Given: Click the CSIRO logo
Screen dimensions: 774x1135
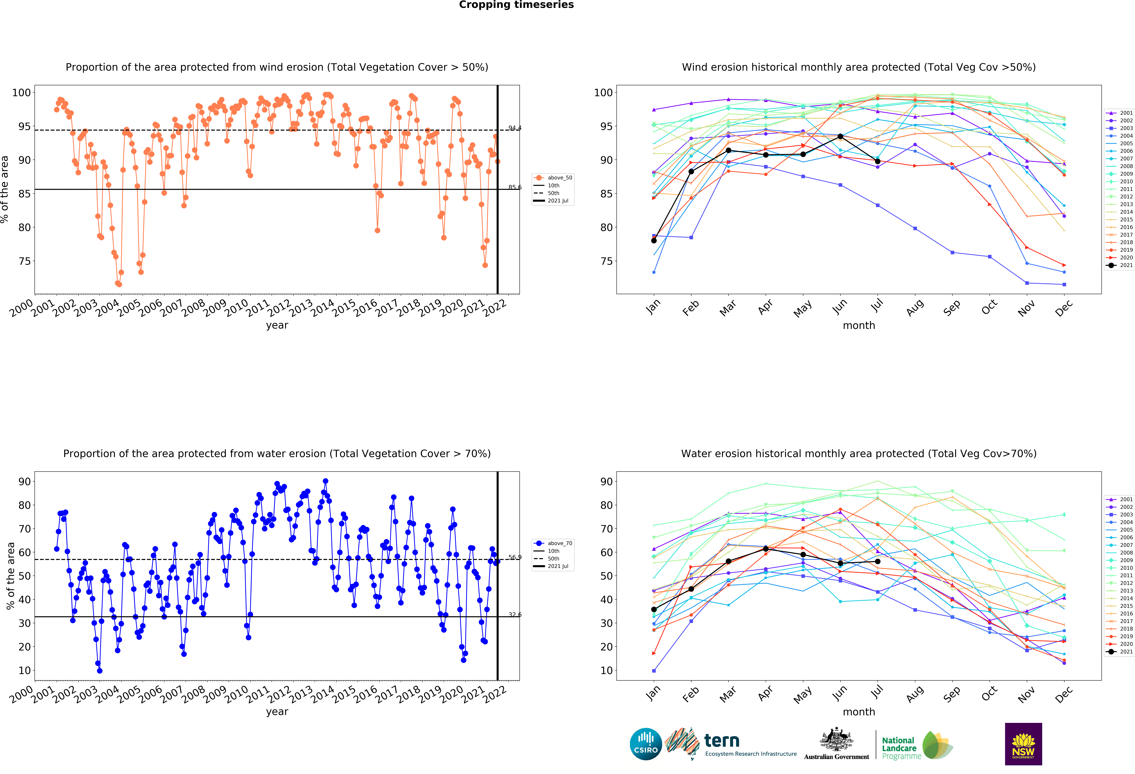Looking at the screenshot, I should click(x=646, y=744).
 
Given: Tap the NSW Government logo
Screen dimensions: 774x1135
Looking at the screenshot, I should click(x=1023, y=744).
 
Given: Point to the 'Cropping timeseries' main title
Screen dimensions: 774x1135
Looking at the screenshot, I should click(x=516, y=5).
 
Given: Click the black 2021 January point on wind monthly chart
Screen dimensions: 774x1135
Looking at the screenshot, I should click(x=654, y=240).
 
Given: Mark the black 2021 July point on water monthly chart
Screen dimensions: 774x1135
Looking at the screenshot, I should click(x=878, y=561).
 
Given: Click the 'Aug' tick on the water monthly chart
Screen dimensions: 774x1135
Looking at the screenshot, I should click(x=915, y=694).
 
